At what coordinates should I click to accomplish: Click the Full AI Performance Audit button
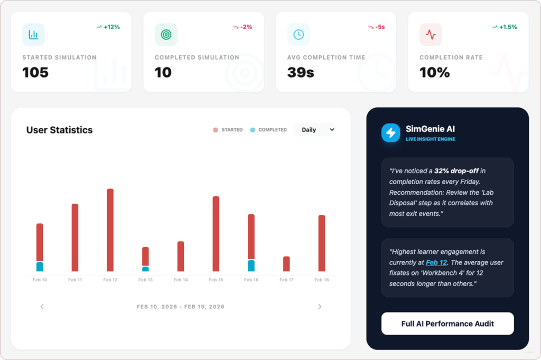click(x=447, y=324)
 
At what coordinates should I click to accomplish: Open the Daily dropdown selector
click(x=315, y=130)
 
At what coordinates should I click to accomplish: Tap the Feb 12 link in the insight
click(x=436, y=262)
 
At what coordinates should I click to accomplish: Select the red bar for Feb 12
click(x=110, y=230)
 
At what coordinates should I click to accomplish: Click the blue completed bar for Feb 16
click(x=251, y=266)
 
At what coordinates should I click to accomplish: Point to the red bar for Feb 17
click(x=286, y=263)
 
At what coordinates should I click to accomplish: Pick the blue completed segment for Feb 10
click(x=40, y=267)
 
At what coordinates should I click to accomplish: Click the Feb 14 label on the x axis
click(x=181, y=280)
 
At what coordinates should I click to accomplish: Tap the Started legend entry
click(x=228, y=130)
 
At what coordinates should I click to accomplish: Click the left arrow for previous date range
click(x=42, y=307)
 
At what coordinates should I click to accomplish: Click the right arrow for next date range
click(x=320, y=307)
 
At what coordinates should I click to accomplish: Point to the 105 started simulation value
click(x=35, y=73)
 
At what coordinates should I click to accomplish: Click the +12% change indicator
click(x=109, y=27)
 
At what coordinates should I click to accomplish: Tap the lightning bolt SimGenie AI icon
click(x=391, y=132)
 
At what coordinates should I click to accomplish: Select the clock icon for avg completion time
click(x=299, y=35)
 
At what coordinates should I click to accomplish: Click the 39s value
click(x=301, y=73)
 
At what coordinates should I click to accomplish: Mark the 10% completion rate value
click(x=434, y=73)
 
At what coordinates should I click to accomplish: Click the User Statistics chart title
click(x=59, y=130)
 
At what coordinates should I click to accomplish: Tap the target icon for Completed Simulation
click(x=166, y=35)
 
